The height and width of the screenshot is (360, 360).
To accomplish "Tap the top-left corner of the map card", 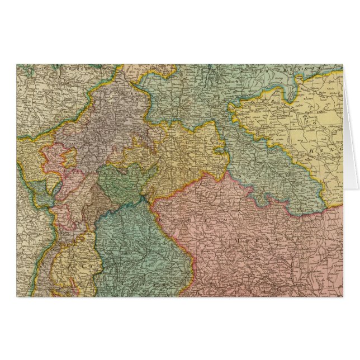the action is coord(17,65).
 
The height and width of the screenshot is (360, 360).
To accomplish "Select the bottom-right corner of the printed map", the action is coord(342,296).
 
